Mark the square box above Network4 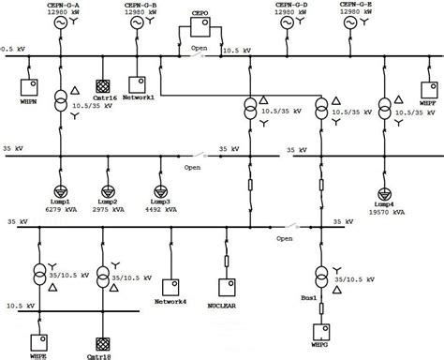pos(170,285)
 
